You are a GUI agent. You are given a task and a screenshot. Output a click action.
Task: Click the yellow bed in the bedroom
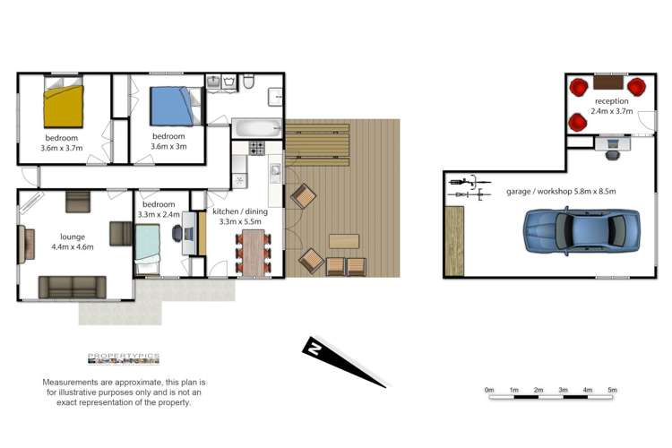pyautogui.click(x=65, y=106)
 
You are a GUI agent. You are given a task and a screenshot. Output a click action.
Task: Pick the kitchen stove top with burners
pyautogui.click(x=256, y=149)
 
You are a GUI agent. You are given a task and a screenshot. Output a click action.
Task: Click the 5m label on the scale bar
pyautogui.click(x=613, y=390)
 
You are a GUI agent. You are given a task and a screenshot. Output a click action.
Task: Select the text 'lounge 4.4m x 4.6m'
pyautogui.click(x=73, y=242)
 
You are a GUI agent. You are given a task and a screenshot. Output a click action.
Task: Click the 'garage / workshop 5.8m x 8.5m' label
pyautogui.click(x=561, y=192)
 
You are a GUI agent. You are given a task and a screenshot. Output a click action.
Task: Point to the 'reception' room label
pyautogui.click(x=609, y=101)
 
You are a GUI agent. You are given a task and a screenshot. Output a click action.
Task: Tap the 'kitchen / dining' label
pyautogui.click(x=237, y=211)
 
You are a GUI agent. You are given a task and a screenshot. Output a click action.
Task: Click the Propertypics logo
pyautogui.click(x=123, y=358)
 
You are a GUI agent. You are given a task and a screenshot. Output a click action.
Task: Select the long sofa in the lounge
pyautogui.click(x=73, y=287)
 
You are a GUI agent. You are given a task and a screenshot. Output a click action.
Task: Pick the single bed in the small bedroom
pyautogui.click(x=148, y=247)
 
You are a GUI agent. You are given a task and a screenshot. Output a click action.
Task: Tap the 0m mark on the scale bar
pyautogui.click(x=489, y=390)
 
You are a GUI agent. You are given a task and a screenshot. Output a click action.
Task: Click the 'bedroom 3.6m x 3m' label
pyautogui.click(x=167, y=141)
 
